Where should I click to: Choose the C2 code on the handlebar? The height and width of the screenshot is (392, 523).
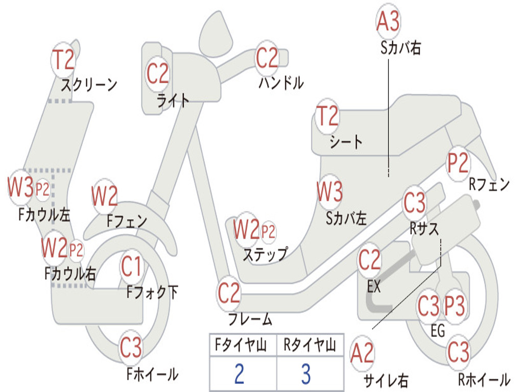click(x=267, y=58)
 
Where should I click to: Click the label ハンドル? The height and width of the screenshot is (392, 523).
click(x=281, y=83)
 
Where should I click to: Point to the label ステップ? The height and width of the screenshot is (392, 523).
click(x=265, y=254)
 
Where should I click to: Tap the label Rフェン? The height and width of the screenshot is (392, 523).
click(x=489, y=184)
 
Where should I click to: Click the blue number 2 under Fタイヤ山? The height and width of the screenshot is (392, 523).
click(x=239, y=374)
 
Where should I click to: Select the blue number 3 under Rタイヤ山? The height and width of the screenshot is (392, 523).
click(x=306, y=374)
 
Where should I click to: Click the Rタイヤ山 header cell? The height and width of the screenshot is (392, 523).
click(x=310, y=346)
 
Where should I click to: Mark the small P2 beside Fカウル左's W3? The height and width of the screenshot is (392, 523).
click(x=42, y=190)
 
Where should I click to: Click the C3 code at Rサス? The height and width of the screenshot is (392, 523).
click(x=414, y=204)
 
